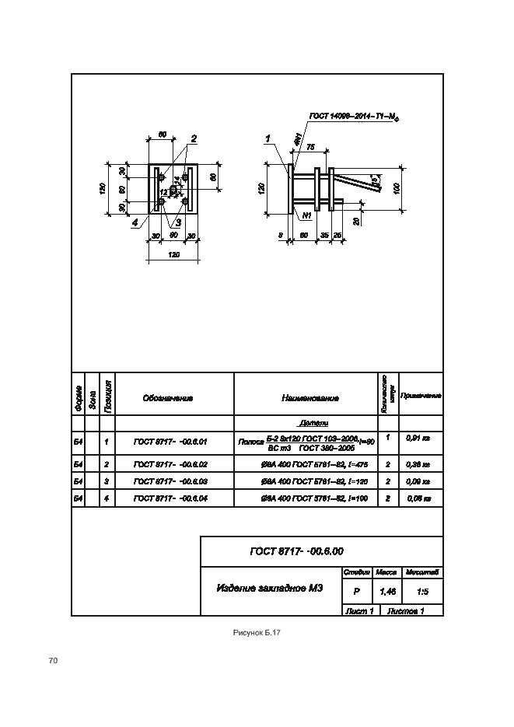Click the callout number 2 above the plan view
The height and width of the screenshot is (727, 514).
pos(194,139)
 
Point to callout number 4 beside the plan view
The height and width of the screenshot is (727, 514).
pos(135,223)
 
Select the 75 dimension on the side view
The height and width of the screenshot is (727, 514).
pos(310,146)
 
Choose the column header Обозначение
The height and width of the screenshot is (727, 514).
pos(167,398)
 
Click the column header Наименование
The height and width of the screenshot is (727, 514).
pos(310,398)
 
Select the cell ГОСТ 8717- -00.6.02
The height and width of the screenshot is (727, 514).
pos(170,464)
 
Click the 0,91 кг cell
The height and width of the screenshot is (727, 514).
pos(418,439)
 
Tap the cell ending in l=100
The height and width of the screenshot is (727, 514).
pos(309,498)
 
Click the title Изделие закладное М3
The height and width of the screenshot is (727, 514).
pos(269,588)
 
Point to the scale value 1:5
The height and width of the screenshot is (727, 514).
pos(424,592)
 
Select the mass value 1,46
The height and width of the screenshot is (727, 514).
pos(386,592)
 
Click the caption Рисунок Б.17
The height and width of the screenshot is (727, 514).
pos(257,633)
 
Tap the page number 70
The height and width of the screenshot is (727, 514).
pos(53,661)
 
